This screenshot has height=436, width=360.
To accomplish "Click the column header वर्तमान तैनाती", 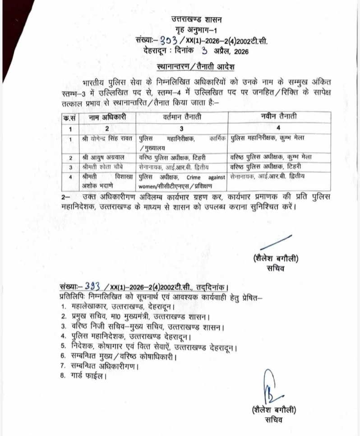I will click(x=181, y=117).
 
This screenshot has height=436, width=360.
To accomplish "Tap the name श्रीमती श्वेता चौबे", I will click(x=103, y=167).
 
